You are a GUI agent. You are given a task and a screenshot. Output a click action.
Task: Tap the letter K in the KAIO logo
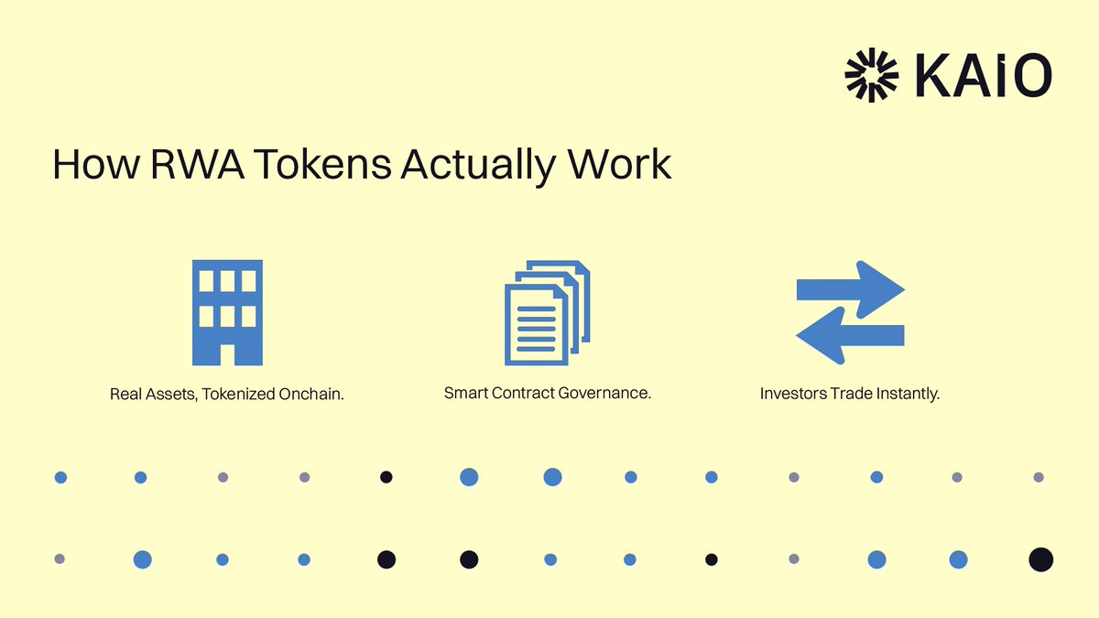pos(931,75)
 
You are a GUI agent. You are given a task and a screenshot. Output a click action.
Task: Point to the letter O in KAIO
pos(1030,75)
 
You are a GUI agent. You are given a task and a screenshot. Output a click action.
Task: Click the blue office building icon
pos(227,312)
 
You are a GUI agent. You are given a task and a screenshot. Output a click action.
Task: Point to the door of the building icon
pos(227,353)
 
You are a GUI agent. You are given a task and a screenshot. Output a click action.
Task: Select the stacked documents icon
pos(547,313)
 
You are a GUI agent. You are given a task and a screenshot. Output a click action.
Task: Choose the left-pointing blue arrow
pos(849,335)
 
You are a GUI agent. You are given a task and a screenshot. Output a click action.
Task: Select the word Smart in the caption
pos(464,394)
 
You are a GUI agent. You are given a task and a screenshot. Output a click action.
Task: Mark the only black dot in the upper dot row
pos(386,477)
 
